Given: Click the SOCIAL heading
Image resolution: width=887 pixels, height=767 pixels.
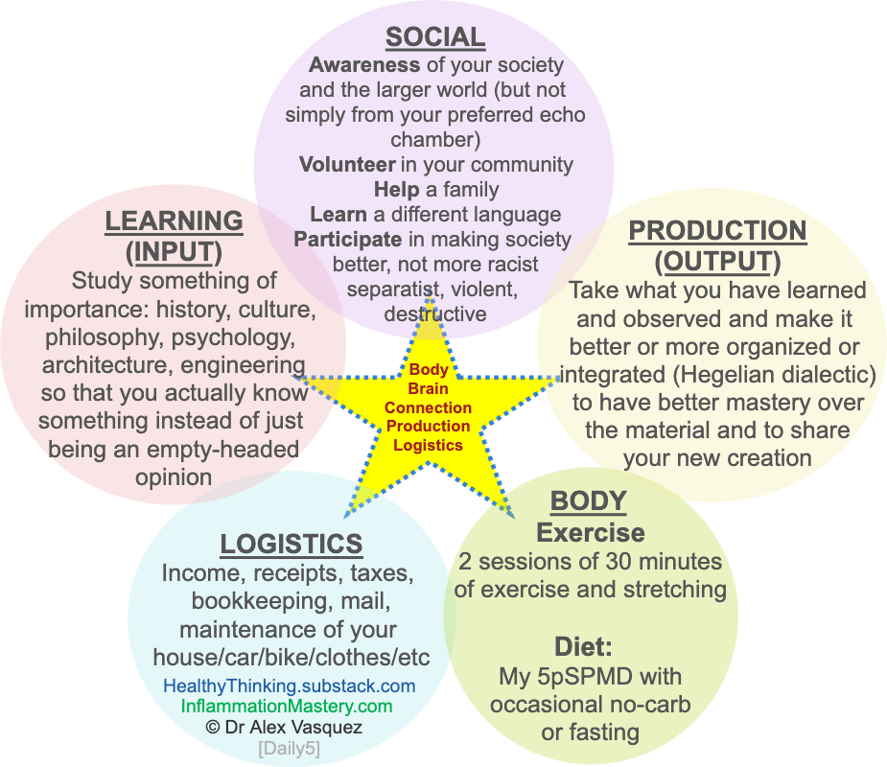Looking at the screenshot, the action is [434, 38].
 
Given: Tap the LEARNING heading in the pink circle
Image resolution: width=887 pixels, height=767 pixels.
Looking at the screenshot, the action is [174, 221].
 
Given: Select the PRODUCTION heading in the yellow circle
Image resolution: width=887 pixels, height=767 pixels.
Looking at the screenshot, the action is [717, 231].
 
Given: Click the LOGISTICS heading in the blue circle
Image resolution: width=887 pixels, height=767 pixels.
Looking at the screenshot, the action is [292, 544].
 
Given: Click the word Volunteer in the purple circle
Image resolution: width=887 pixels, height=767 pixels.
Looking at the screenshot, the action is [347, 164].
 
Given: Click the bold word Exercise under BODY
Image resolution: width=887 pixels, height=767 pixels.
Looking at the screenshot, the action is [590, 532].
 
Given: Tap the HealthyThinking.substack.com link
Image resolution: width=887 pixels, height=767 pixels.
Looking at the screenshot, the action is [289, 686].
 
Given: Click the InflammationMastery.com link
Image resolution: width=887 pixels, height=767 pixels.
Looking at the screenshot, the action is [287, 706].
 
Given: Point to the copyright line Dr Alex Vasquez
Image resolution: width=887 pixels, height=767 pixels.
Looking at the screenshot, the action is [284, 727].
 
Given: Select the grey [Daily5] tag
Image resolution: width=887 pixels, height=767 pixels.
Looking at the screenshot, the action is [289, 749].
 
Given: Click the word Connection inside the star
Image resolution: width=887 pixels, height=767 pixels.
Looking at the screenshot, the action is [428, 407].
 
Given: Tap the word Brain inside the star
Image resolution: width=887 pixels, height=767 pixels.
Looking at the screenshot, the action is [428, 388].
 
